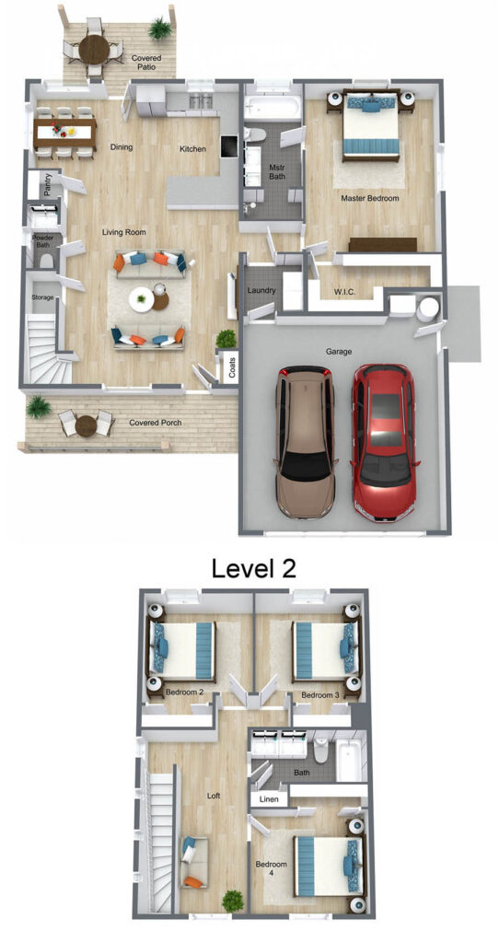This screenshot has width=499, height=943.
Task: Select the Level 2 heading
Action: [x=254, y=567]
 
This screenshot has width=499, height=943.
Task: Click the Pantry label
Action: [x=48, y=184]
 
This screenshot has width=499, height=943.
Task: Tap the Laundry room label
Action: [x=261, y=290]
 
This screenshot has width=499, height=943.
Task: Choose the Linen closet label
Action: [x=268, y=799]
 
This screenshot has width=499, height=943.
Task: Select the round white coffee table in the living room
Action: [x=141, y=299]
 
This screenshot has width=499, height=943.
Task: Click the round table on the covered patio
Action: [x=95, y=47]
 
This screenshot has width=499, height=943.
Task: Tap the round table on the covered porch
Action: [x=86, y=425]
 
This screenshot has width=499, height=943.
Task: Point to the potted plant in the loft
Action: [x=233, y=901]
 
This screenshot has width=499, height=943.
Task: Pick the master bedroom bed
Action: [x=371, y=125]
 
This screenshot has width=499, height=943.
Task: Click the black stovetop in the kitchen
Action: [x=229, y=145]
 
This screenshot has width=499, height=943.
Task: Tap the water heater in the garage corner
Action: [x=430, y=308]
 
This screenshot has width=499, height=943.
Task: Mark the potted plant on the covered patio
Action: [x=160, y=29]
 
